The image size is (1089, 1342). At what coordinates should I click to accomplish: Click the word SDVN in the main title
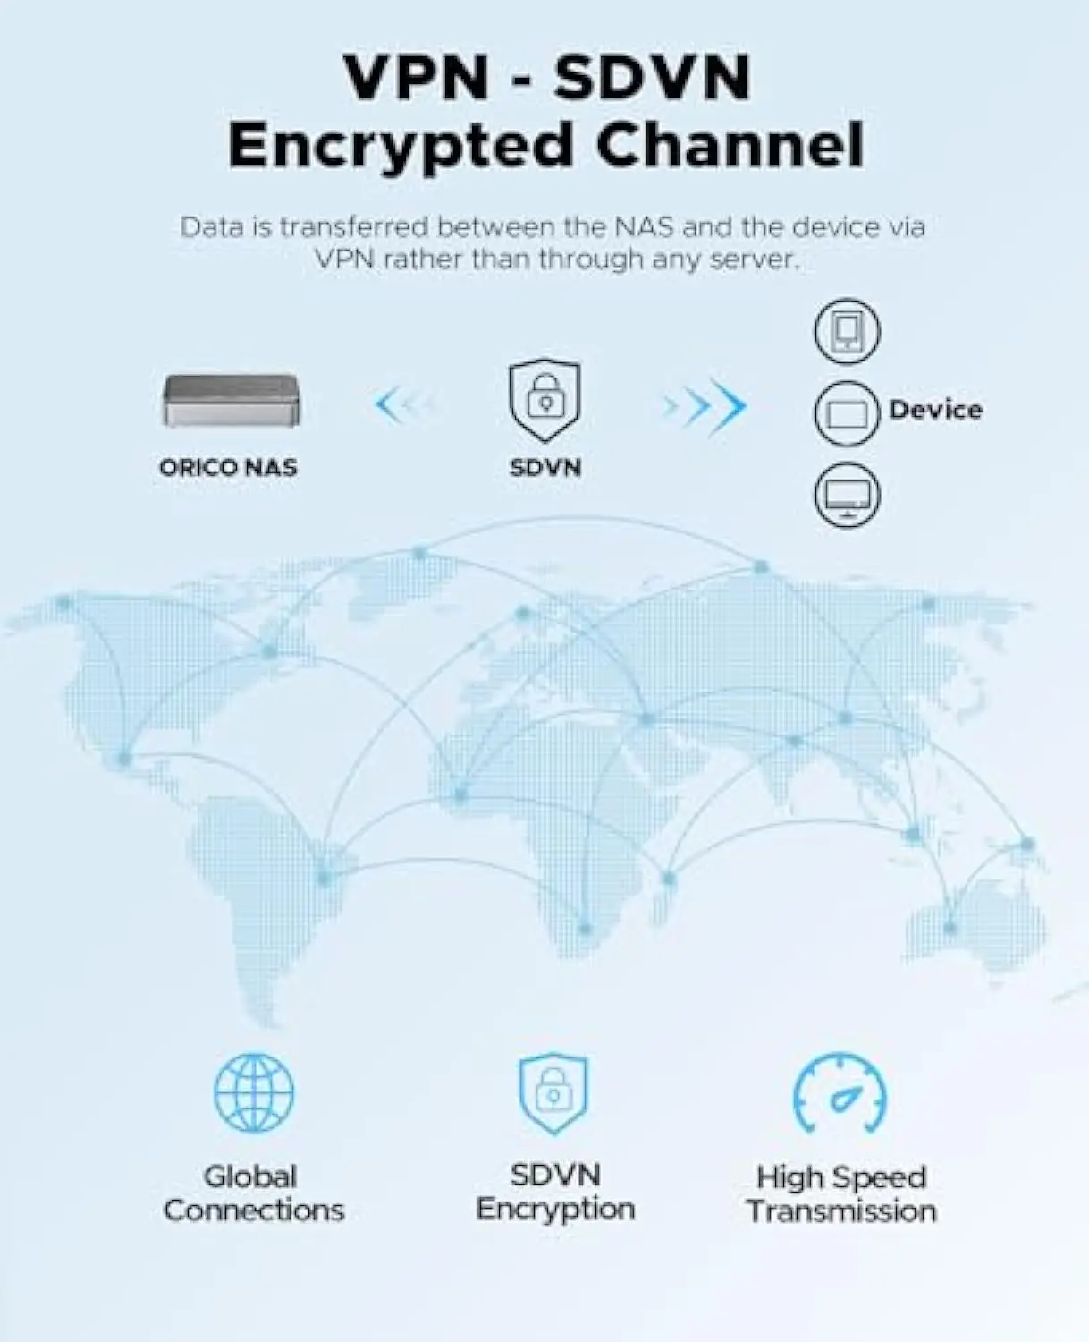click(651, 78)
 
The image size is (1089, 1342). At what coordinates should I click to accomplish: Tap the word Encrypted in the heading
click(401, 145)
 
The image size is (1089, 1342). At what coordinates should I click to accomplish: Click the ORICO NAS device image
click(231, 400)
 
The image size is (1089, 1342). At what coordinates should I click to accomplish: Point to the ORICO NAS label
click(228, 467)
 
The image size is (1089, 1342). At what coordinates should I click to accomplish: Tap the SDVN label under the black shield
click(544, 467)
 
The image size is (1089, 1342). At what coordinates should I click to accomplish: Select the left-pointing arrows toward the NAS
click(402, 405)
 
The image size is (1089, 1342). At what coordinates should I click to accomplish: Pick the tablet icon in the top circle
click(847, 332)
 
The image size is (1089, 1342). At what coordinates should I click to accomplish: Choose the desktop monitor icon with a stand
click(847, 495)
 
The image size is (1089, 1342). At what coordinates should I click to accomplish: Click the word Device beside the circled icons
click(935, 410)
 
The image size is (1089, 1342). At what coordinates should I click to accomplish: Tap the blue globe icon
click(254, 1092)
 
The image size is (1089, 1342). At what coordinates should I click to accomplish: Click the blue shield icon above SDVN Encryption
click(553, 1092)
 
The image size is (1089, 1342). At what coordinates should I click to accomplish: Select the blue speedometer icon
click(840, 1094)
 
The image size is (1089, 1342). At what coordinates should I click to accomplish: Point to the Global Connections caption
click(254, 1193)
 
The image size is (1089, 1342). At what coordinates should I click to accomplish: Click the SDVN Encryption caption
click(555, 1192)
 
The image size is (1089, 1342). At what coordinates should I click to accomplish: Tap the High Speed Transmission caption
click(841, 1193)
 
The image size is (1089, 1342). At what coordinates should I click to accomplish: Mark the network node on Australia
click(950, 928)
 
